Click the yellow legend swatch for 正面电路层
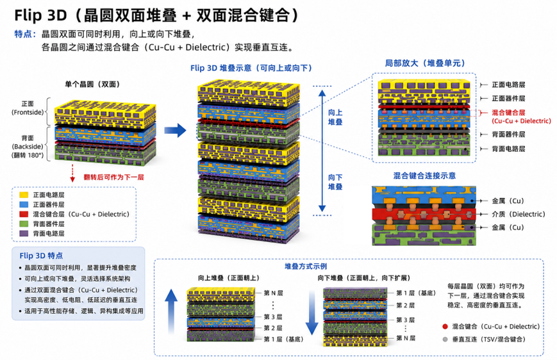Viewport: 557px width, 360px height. (x=24, y=195)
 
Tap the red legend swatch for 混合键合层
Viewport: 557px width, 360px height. (x=24, y=214)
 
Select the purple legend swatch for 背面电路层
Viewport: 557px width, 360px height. (x=24, y=233)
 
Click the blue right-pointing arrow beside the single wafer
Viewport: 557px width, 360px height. (x=175, y=130)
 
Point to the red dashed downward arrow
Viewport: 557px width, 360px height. (x=72, y=173)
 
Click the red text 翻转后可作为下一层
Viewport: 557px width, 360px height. (x=113, y=177)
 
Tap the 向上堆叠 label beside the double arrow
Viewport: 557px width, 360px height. (x=335, y=117)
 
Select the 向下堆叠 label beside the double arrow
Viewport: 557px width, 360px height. (x=335, y=182)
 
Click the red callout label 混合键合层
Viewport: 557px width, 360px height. (x=508, y=113)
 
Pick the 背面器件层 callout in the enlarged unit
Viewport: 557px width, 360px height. (x=508, y=135)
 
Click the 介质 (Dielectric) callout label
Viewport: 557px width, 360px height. (x=519, y=214)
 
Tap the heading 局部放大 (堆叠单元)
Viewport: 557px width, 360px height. (x=425, y=63)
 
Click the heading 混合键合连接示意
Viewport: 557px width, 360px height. (x=424, y=176)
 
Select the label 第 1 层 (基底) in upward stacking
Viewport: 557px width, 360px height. (x=283, y=339)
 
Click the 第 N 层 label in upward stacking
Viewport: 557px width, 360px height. (x=273, y=293)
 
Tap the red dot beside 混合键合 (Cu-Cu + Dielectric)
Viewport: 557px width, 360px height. (x=445, y=327)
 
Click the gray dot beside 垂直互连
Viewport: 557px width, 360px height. (x=445, y=340)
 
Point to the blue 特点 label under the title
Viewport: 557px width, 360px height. (x=25, y=34)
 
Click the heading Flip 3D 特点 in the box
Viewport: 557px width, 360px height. (x=41, y=256)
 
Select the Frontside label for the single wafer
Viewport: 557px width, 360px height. (x=28, y=112)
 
